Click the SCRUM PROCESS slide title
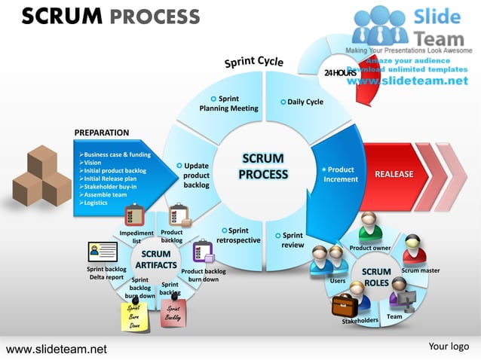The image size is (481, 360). click(110, 17)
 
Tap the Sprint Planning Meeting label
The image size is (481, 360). click(228, 104)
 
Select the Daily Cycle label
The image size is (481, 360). click(304, 102)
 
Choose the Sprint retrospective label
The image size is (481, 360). click(237, 236)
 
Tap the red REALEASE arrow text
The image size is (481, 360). click(394, 175)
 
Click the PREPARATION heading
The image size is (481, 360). click(102, 133)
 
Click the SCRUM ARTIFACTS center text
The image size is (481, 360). click(156, 260)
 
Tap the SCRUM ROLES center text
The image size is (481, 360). click(376, 277)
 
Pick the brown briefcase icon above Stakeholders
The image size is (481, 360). click(345, 304)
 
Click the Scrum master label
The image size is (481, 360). click(420, 270)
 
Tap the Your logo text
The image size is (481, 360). click(449, 346)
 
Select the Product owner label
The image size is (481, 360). click(369, 248)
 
